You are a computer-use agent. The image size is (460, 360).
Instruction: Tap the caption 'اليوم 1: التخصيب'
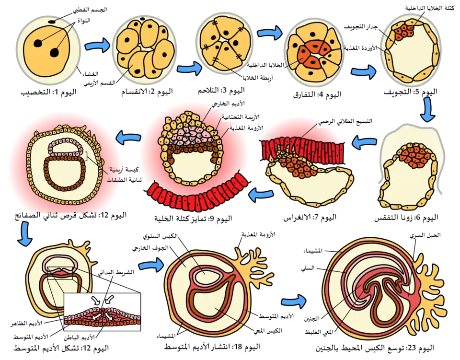(x=49, y=92)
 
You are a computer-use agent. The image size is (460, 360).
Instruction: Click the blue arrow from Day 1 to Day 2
(x=97, y=46)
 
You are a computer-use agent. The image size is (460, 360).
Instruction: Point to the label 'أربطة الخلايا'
(x=257, y=78)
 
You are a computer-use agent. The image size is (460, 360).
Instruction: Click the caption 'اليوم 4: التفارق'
(x=317, y=95)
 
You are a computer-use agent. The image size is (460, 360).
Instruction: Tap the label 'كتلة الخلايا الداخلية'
(x=430, y=8)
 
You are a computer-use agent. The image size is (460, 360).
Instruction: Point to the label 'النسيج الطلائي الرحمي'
(x=345, y=121)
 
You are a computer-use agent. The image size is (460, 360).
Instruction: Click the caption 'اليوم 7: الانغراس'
(x=310, y=218)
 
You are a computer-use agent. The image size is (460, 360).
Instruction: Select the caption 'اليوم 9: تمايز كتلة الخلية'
(x=193, y=219)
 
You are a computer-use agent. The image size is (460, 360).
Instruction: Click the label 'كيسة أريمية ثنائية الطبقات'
(x=124, y=175)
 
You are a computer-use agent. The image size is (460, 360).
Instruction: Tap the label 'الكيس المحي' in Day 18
(x=268, y=330)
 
